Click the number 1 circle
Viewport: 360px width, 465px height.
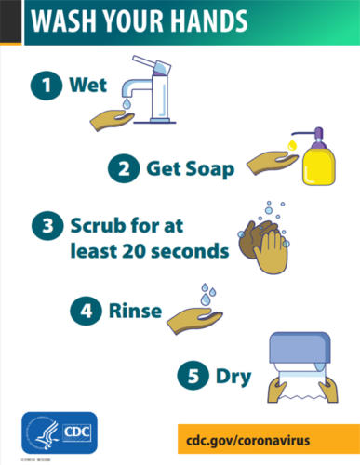[43, 87]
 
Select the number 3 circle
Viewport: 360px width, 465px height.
[44, 226]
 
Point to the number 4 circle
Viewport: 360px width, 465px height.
[84, 311]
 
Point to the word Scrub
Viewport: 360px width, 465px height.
[97, 225]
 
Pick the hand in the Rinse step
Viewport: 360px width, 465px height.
[194, 319]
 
